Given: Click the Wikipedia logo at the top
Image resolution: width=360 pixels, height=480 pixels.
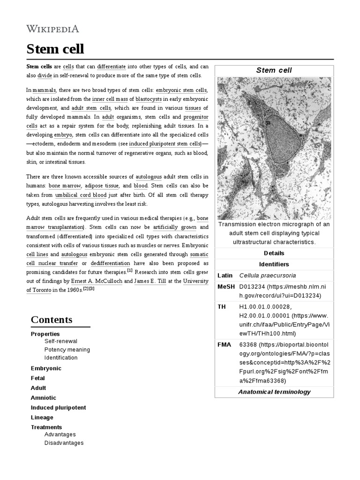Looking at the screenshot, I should tap(52, 29).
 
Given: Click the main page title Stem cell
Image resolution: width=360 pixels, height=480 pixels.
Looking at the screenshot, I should tap(55, 49).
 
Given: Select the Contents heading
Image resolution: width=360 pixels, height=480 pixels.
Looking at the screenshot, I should tap(52, 320).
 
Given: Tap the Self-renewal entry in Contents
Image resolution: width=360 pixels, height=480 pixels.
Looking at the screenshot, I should tap(61, 341).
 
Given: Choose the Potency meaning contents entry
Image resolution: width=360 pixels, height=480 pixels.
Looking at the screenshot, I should tap(67, 350).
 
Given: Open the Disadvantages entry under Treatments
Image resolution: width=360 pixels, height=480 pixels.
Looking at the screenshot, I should tap(64, 443).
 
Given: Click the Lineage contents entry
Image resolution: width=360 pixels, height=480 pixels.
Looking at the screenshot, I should tap(42, 417).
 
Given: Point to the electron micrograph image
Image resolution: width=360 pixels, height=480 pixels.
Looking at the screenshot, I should tap(274, 148).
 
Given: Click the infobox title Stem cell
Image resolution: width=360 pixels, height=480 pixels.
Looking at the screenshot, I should tap(274, 70).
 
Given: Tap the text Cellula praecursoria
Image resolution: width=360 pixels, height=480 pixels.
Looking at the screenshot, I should tap(268, 275).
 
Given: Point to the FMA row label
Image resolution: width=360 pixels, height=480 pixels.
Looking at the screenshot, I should tap(224, 345).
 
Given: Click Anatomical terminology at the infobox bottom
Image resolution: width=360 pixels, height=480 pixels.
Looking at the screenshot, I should tap(274, 392).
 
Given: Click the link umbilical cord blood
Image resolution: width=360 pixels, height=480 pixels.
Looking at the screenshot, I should tap(81, 195).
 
